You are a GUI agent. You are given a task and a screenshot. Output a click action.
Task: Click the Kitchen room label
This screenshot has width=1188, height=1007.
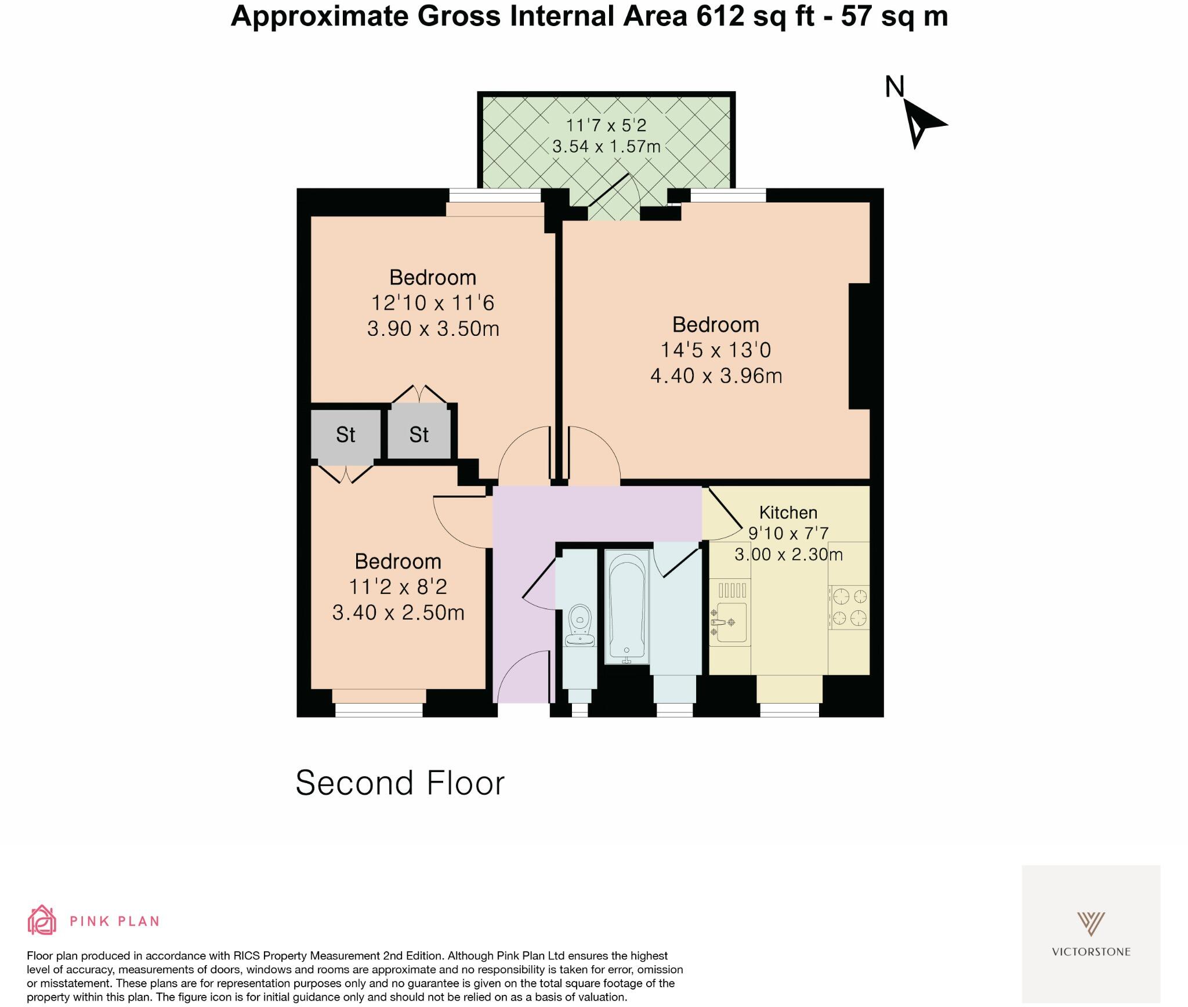(788, 513)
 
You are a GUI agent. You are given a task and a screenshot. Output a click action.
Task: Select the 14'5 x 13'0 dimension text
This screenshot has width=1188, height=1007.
(716, 350)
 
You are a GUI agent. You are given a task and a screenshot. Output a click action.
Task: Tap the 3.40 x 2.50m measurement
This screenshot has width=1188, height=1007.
(398, 613)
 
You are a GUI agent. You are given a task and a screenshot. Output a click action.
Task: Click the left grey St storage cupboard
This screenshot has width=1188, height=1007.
(346, 434)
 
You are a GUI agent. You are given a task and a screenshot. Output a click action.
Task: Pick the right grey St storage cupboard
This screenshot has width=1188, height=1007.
(419, 434)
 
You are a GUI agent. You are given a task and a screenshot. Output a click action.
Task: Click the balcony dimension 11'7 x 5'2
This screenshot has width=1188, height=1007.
(606, 125)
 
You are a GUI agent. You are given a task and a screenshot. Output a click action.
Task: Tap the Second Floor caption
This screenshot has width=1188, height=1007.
(400, 783)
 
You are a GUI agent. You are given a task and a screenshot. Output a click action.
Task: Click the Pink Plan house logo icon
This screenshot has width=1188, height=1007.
(42, 921)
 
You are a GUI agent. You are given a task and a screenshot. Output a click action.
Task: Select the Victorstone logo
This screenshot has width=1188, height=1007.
(1091, 933)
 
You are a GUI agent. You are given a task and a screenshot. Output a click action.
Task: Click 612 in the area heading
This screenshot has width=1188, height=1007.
(720, 16)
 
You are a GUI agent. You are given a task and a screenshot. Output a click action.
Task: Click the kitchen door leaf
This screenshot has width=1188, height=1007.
(725, 508)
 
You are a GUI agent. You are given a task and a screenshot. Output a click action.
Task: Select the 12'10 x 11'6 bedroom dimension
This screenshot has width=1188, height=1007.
(433, 303)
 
